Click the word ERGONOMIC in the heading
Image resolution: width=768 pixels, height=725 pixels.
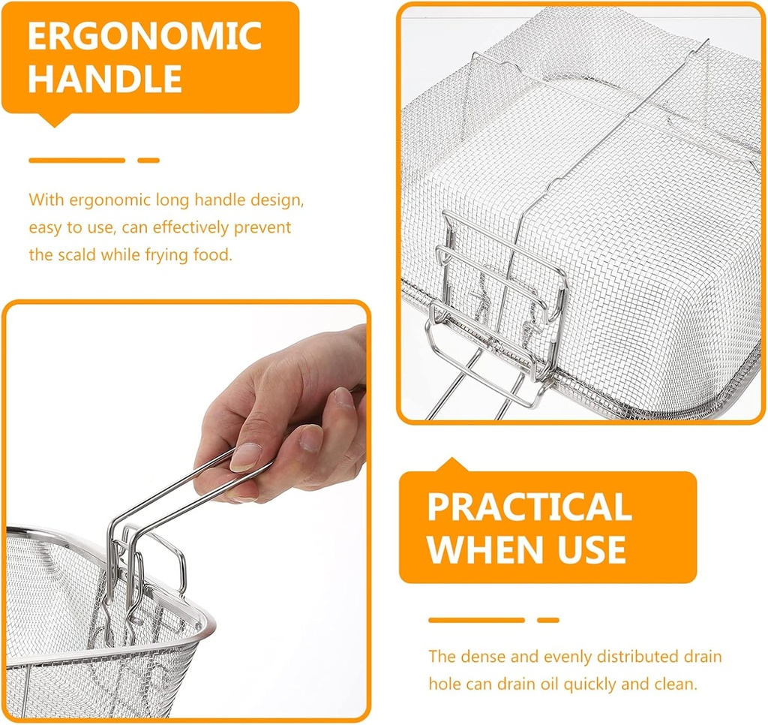145,36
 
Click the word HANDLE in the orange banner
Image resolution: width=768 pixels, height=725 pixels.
106,79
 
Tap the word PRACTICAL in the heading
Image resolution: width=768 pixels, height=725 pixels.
529,508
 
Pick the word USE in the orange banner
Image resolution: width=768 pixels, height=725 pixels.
591,549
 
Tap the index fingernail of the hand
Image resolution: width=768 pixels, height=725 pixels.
245,457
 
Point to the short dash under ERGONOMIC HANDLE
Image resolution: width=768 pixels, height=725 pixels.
148,160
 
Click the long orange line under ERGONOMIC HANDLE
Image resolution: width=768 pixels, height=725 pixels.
76,160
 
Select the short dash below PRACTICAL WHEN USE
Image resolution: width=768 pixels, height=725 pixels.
548,620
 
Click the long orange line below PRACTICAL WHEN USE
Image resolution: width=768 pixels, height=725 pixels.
476,620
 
